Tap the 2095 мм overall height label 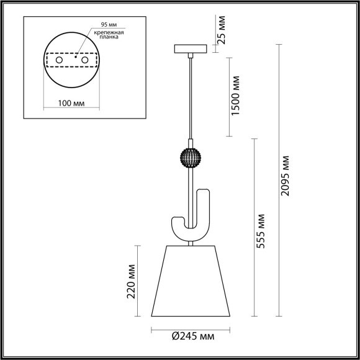(286, 176)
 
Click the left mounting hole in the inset (60, 61)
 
